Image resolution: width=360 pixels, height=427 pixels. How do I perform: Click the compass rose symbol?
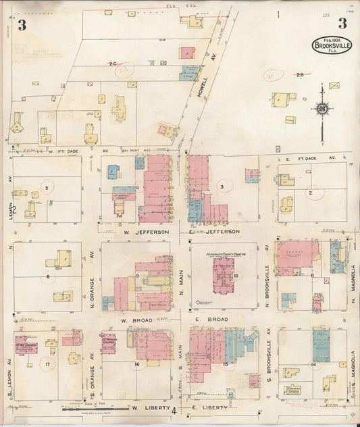[323, 108]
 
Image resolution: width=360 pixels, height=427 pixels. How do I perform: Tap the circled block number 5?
[47, 187]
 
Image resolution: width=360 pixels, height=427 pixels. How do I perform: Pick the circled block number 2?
[311, 193]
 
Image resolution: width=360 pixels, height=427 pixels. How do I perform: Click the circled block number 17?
[47, 366]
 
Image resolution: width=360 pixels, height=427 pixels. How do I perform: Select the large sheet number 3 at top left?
[22, 26]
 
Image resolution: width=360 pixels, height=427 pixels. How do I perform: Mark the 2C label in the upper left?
[112, 64]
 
